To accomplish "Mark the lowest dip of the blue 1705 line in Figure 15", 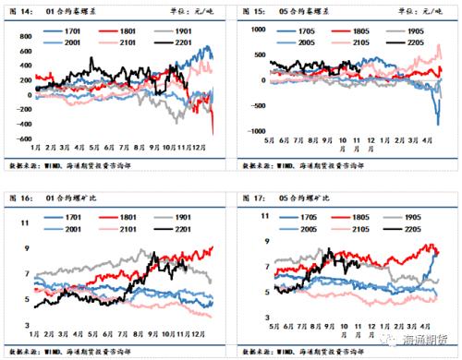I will tap(436, 124).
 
